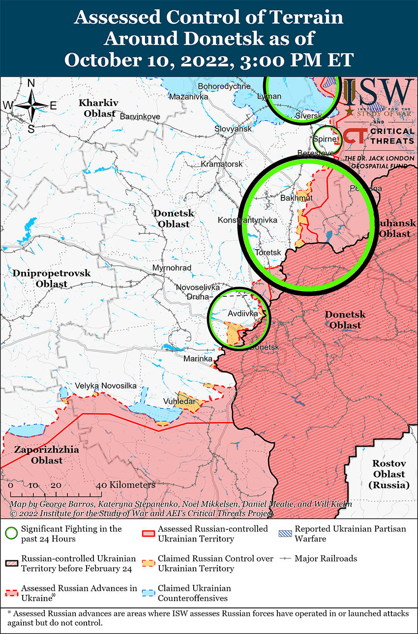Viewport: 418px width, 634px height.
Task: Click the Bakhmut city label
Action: click(296, 198)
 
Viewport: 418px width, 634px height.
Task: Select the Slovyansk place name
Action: click(233, 128)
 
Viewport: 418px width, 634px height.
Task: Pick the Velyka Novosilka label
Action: click(106, 386)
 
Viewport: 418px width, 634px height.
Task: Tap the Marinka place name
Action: click(197, 359)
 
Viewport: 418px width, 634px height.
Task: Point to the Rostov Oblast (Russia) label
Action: click(388, 474)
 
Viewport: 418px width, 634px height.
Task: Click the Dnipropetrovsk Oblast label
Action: click(52, 278)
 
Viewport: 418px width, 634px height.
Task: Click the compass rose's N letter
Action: click(31, 84)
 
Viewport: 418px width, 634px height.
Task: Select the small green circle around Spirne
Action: click(328, 140)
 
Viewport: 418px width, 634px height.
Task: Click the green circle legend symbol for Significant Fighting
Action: click(12, 534)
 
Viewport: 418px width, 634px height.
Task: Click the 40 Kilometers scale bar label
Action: click(127, 485)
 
